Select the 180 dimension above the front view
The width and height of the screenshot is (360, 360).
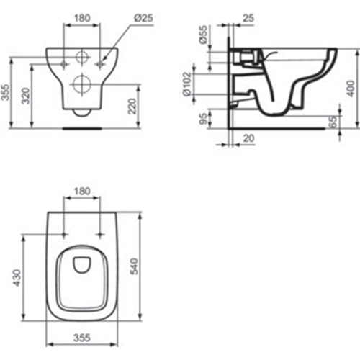(x=82, y=17)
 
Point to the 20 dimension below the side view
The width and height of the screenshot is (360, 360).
(x=248, y=138)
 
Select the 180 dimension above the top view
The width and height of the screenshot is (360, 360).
(x=82, y=192)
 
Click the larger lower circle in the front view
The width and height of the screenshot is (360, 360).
(x=82, y=84)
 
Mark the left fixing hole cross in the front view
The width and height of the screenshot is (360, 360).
(x=66, y=64)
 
